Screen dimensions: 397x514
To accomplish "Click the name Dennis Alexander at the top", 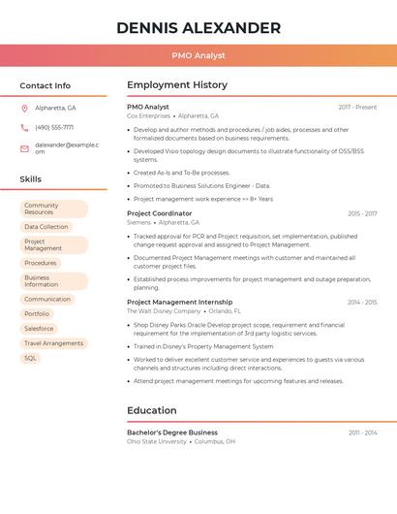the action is pos(198,28).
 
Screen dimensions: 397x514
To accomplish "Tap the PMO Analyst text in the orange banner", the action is pos(198,55).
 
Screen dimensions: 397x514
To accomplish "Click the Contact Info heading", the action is pos(46,85).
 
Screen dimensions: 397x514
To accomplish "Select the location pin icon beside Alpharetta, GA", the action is pos(24,109).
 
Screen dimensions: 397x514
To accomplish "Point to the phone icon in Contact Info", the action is pos(24,127).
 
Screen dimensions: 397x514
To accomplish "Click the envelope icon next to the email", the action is pos(24,148).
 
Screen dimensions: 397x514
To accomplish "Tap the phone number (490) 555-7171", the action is pos(54,127).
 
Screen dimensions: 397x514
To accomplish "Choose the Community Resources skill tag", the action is pos(52,209).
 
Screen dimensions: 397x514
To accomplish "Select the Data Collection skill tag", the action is pos(46,227).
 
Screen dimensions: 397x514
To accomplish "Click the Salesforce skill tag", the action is pos(39,329).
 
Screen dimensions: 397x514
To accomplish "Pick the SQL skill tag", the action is pos(30,358).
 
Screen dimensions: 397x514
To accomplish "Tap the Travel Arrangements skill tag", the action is pos(53,343).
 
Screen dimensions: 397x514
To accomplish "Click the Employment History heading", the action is pos(177,85).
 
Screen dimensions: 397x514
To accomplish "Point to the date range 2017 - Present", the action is pos(357,107).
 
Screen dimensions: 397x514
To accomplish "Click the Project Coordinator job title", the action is pos(160,213).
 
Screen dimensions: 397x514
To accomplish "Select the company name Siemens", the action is pos(139,222).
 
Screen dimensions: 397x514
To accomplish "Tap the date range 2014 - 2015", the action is pos(362,302).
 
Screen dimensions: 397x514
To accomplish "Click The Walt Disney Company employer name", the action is pos(165,311).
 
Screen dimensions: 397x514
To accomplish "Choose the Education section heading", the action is pos(152,410).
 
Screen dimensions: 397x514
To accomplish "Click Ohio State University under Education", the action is pos(157,441).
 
